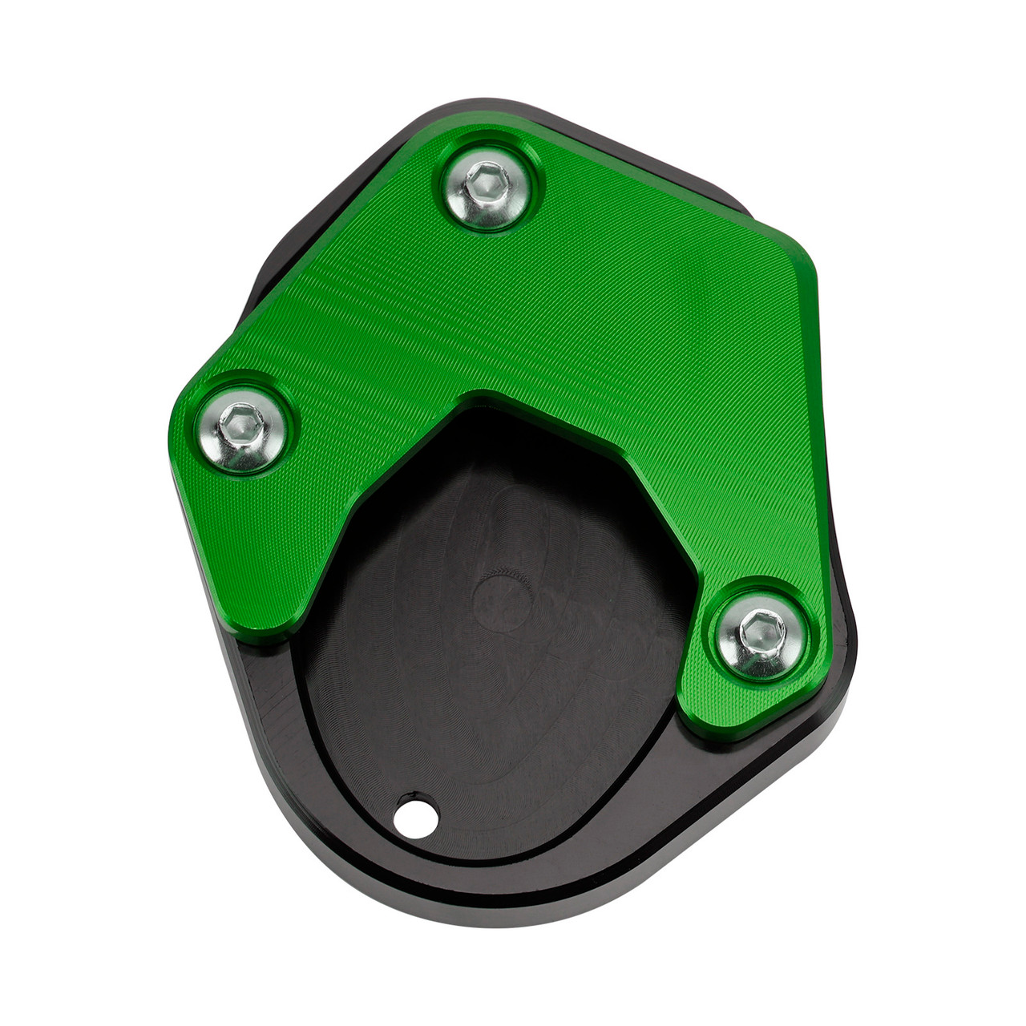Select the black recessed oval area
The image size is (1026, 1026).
point(497,681)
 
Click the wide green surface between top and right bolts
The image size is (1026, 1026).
point(641,321)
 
